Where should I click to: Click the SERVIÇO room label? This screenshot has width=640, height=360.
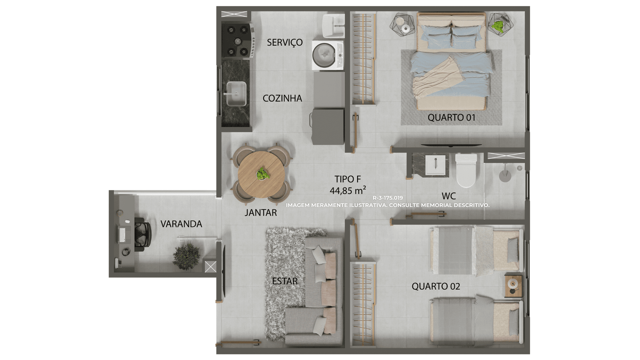point(284,42)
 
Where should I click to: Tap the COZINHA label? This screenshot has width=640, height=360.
point(282,98)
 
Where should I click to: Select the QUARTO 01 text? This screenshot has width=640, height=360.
point(452,118)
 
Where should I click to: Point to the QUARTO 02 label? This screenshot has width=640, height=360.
point(436,286)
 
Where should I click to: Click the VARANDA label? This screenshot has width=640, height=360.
point(181,224)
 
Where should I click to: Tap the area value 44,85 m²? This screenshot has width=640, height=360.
point(348,190)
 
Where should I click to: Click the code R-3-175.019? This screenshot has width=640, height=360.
point(388,198)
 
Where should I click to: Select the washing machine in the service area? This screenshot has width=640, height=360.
point(328,55)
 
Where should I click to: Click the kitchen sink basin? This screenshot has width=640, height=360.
point(236,94)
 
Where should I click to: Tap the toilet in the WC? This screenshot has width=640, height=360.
point(466,170)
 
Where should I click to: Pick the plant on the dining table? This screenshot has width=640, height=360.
point(262,174)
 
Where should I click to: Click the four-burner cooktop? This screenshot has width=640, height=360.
point(238,40)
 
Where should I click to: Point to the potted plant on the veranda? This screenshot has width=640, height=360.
point(186,256)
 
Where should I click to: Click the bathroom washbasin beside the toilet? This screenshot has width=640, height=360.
point(435,165)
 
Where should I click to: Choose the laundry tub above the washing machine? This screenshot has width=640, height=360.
point(333,26)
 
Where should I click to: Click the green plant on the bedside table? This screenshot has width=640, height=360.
point(498,26)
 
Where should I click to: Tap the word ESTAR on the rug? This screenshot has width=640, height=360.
point(284,281)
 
